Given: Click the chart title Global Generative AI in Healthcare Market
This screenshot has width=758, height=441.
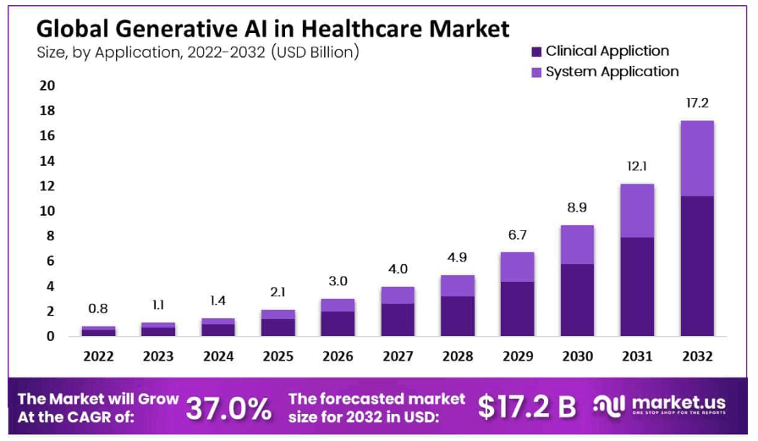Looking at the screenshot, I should (272, 29).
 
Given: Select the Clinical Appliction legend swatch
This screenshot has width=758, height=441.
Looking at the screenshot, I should (536, 52).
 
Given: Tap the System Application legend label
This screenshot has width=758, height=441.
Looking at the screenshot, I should (612, 72).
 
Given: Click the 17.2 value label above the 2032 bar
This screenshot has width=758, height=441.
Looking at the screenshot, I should (697, 102).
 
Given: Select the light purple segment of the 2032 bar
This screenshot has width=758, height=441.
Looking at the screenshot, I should (697, 158).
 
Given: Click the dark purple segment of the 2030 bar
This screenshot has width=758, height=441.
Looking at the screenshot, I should (577, 300).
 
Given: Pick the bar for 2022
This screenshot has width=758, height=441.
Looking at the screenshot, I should (98, 331).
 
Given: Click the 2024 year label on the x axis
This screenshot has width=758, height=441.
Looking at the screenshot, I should (218, 356).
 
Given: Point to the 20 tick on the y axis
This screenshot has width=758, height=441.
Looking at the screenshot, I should (47, 85).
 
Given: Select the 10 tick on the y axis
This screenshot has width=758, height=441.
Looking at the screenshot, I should (47, 211).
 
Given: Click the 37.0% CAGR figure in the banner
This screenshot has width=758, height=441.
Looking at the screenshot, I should (229, 408).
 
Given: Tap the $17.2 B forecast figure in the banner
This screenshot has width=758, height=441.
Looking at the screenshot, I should (526, 407).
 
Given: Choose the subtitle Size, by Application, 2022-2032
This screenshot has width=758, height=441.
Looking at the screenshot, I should (198, 52).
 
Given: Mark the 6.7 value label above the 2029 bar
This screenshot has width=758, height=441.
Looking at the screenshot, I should (518, 234).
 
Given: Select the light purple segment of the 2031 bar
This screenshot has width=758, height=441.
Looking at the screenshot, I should (637, 211).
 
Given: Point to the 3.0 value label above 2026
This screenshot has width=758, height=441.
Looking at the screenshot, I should (338, 280).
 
